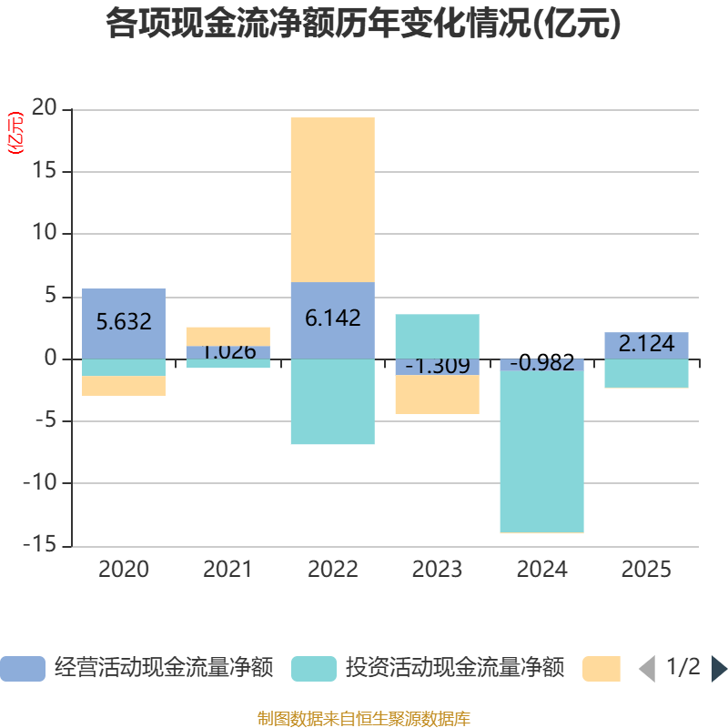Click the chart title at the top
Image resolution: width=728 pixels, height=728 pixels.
click(x=363, y=24)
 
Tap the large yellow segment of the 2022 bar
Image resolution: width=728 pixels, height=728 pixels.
click(x=332, y=199)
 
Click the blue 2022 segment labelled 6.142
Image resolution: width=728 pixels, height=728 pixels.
click(x=332, y=319)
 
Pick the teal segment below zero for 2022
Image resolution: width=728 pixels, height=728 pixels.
click(x=332, y=401)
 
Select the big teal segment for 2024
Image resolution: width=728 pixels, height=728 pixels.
click(x=541, y=451)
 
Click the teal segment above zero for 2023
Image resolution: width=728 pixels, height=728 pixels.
click(x=437, y=336)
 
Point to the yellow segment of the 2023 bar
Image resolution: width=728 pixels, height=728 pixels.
click(x=437, y=395)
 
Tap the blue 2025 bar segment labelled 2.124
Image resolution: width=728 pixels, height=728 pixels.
click(x=646, y=345)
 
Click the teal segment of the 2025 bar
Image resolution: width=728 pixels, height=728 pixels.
click(x=646, y=373)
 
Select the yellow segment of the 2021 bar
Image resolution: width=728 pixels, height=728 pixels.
click(x=227, y=336)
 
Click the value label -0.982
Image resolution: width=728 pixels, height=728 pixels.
click(x=541, y=364)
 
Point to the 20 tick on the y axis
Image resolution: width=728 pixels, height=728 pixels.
click(x=45, y=109)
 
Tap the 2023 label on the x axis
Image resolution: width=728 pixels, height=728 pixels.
click(x=437, y=571)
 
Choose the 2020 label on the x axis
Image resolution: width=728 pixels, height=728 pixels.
click(x=124, y=571)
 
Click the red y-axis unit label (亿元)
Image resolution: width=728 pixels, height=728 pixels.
click(x=15, y=133)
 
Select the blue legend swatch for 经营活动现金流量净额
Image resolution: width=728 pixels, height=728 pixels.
click(x=22, y=669)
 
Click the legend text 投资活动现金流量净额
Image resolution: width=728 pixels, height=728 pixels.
click(x=454, y=669)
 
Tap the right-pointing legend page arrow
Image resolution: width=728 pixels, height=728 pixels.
click(x=718, y=669)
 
